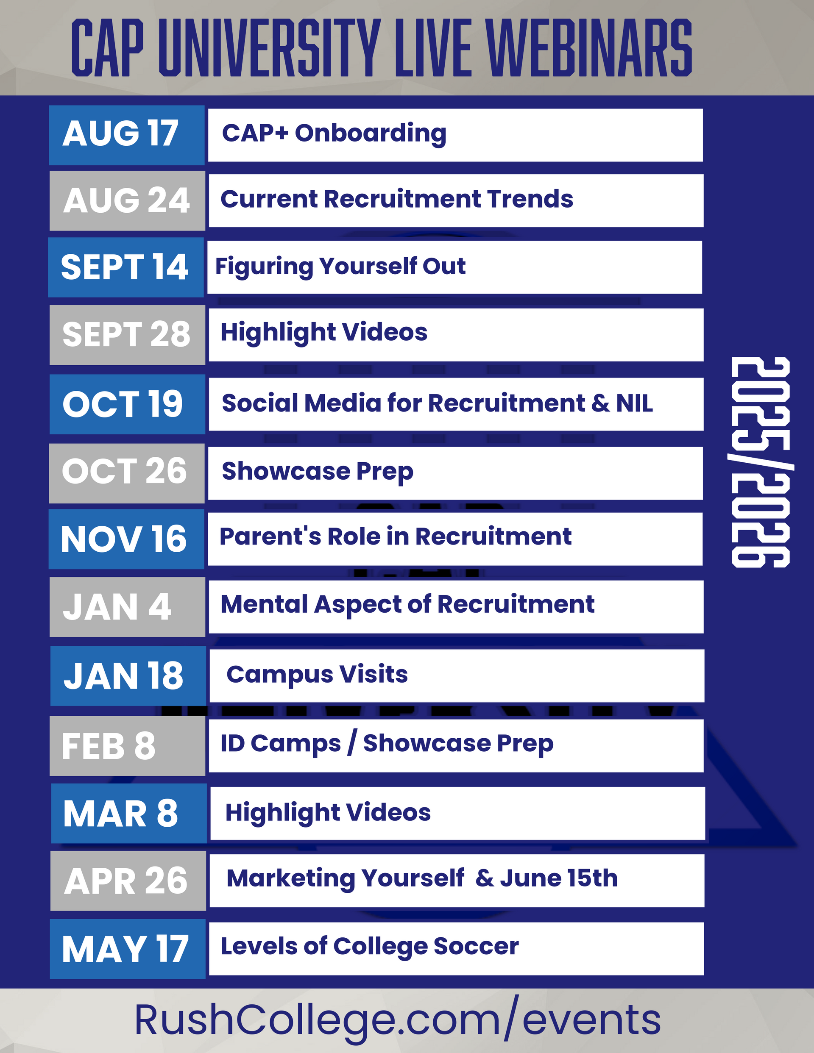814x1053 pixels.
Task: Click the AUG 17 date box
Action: tap(126, 135)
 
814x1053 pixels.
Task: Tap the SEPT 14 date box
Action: tap(126, 267)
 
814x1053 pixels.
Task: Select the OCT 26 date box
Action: tap(126, 473)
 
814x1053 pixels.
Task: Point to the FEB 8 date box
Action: tap(127, 745)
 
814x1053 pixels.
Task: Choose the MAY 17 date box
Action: tap(127, 948)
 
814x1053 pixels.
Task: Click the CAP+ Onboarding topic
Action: tap(334, 133)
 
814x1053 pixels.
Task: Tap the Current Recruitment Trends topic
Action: tap(397, 199)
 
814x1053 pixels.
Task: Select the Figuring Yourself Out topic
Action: tap(340, 267)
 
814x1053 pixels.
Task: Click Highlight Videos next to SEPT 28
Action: tap(324, 333)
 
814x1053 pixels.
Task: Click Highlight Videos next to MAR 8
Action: tap(328, 813)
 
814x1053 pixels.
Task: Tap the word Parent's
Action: tap(270, 536)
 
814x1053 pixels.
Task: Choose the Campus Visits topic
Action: tap(317, 675)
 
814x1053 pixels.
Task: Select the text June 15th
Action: tap(559, 878)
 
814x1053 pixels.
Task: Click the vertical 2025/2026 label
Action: tap(761, 462)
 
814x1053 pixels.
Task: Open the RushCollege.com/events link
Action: tap(397, 1019)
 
